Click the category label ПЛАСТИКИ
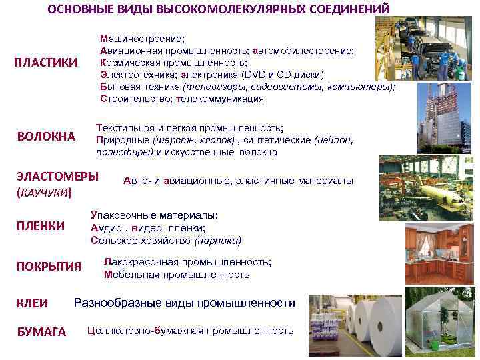pos(46,63)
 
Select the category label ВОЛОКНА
pos(46,137)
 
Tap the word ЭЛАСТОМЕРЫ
pos(57,177)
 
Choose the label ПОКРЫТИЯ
pos(49,267)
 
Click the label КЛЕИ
pos(32,303)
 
